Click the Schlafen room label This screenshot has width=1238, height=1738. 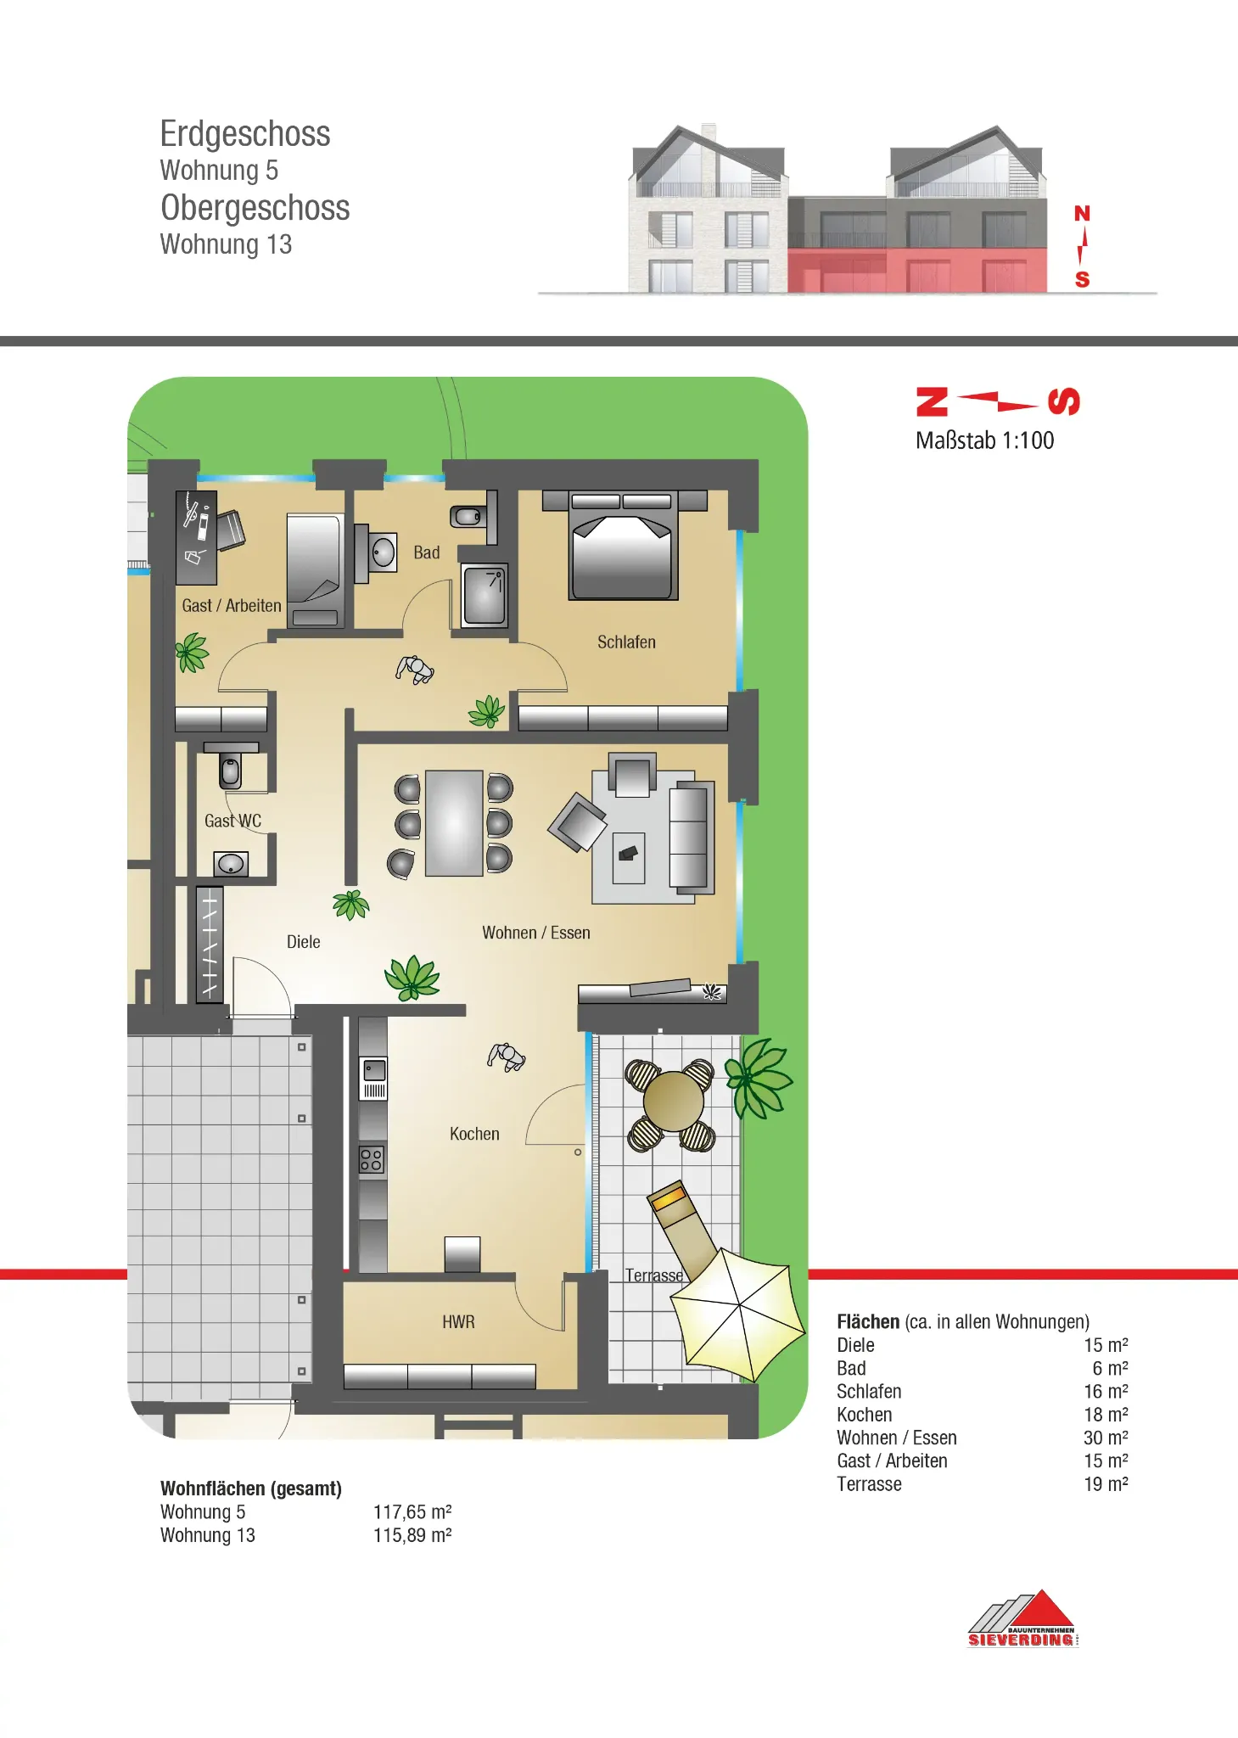point(626,642)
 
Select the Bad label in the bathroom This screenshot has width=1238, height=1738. point(427,552)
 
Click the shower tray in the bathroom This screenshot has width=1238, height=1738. point(485,596)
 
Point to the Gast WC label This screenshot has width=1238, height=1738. point(232,821)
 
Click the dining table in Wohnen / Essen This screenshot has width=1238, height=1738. point(454,823)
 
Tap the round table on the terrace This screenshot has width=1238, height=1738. point(673,1102)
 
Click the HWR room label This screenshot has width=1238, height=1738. point(458,1322)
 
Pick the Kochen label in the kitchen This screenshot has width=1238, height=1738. point(474,1134)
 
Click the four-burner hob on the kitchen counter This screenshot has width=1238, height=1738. point(372,1159)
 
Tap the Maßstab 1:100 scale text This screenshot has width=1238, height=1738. point(984,440)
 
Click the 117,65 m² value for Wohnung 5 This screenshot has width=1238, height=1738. point(412,1512)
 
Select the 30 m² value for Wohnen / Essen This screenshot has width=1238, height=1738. point(1106,1438)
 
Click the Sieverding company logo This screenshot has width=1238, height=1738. point(1023,1619)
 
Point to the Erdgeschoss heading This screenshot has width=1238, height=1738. point(245,134)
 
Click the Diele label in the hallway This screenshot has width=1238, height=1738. point(304,942)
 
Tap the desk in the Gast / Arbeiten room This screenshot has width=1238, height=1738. point(196,537)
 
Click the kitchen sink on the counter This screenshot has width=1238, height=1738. point(373,1078)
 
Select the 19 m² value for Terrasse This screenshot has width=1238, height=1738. point(1106,1484)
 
